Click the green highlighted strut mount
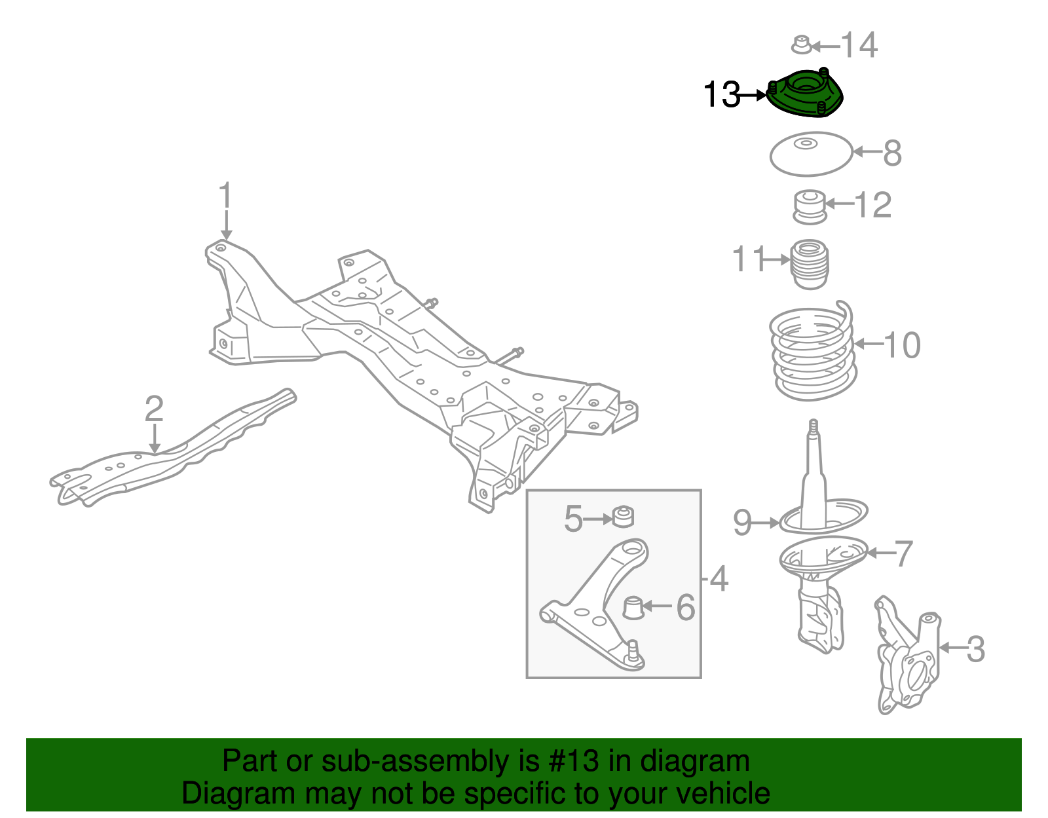point(804,96)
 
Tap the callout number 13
point(720,95)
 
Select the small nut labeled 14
point(801,45)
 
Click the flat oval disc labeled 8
point(810,154)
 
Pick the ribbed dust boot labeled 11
point(810,264)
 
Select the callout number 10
point(903,344)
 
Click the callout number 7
point(904,553)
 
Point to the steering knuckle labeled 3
point(908,655)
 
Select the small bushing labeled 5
point(623,517)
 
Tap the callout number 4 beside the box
point(719,578)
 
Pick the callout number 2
point(153,409)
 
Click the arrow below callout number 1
point(226,226)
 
